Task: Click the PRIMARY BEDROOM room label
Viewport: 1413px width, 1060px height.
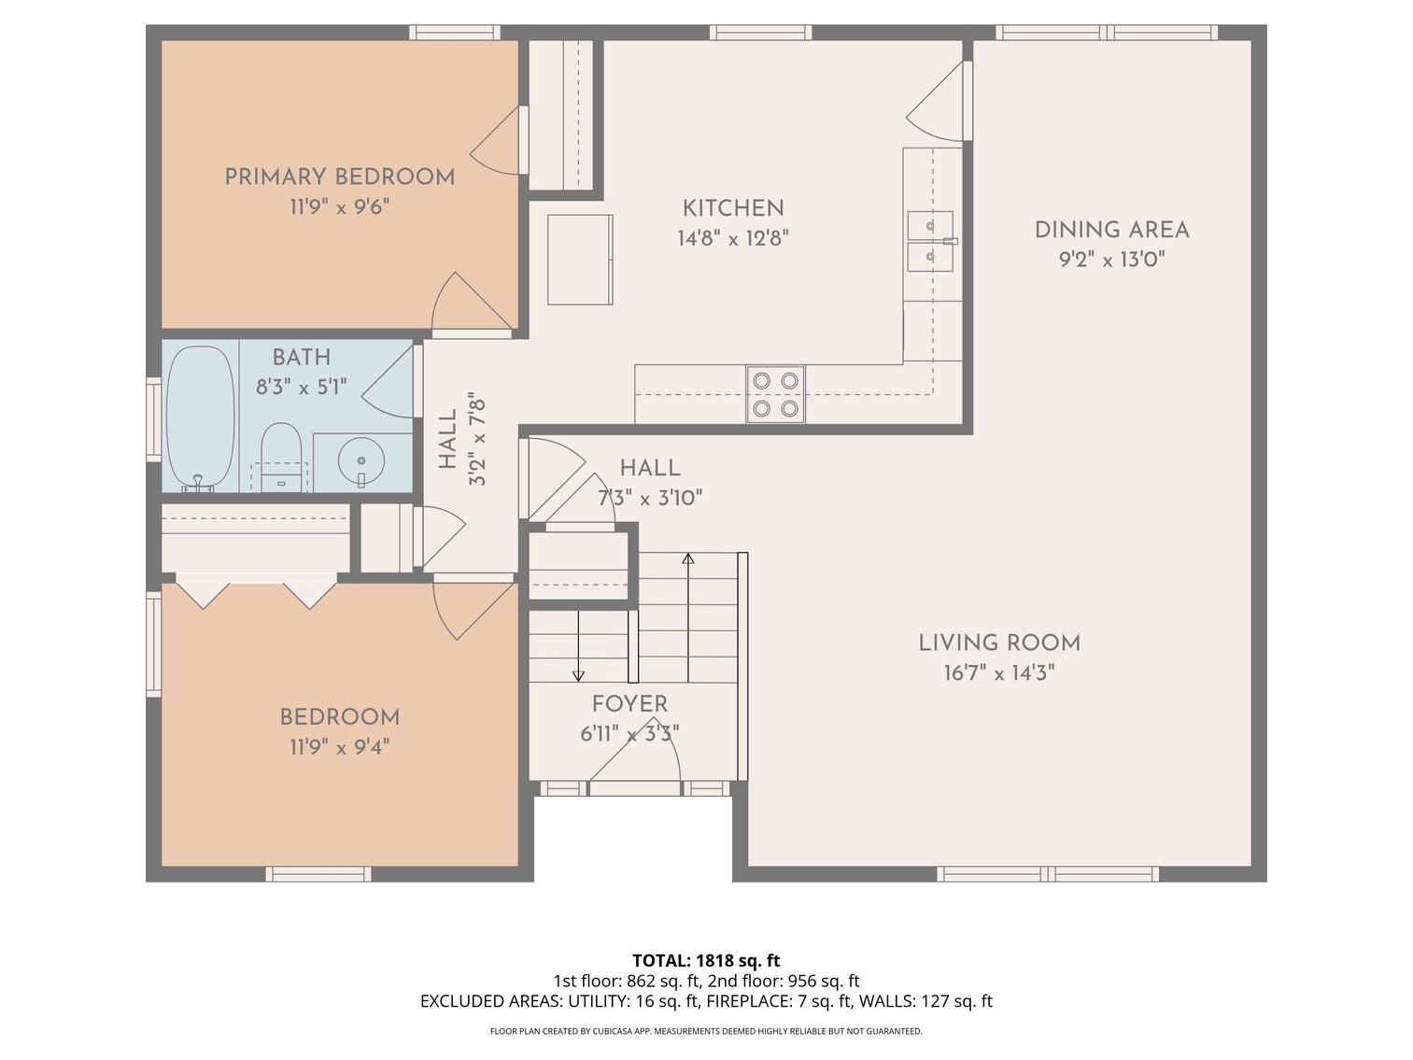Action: [339, 177]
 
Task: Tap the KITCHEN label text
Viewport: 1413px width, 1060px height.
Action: [733, 208]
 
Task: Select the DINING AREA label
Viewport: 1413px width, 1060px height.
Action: [1111, 230]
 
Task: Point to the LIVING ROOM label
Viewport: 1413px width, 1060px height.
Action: [999, 643]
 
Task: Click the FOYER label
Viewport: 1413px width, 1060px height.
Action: [629, 704]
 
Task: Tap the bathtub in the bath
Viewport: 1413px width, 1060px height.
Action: [200, 418]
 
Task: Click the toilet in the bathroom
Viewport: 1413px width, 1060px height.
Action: [281, 457]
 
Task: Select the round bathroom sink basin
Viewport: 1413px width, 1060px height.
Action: [361, 460]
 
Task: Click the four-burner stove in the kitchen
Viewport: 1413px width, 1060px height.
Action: [775, 394]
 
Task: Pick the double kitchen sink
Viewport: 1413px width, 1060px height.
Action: [931, 241]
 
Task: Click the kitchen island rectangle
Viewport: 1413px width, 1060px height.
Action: [580, 260]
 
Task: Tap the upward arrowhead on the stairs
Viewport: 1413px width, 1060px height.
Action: [688, 558]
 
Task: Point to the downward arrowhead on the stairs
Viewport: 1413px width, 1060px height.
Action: [578, 676]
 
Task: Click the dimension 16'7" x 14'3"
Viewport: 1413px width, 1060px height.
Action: [999, 673]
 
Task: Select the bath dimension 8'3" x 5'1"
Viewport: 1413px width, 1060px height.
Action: [302, 387]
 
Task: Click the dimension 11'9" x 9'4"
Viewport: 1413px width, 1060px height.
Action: [339, 747]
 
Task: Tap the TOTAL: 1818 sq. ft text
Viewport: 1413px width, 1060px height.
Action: [706, 960]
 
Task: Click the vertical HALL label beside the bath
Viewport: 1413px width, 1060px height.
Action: [447, 439]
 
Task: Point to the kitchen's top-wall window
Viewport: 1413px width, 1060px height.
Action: [760, 32]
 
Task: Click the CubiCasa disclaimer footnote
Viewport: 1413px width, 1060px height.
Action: [706, 1031]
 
